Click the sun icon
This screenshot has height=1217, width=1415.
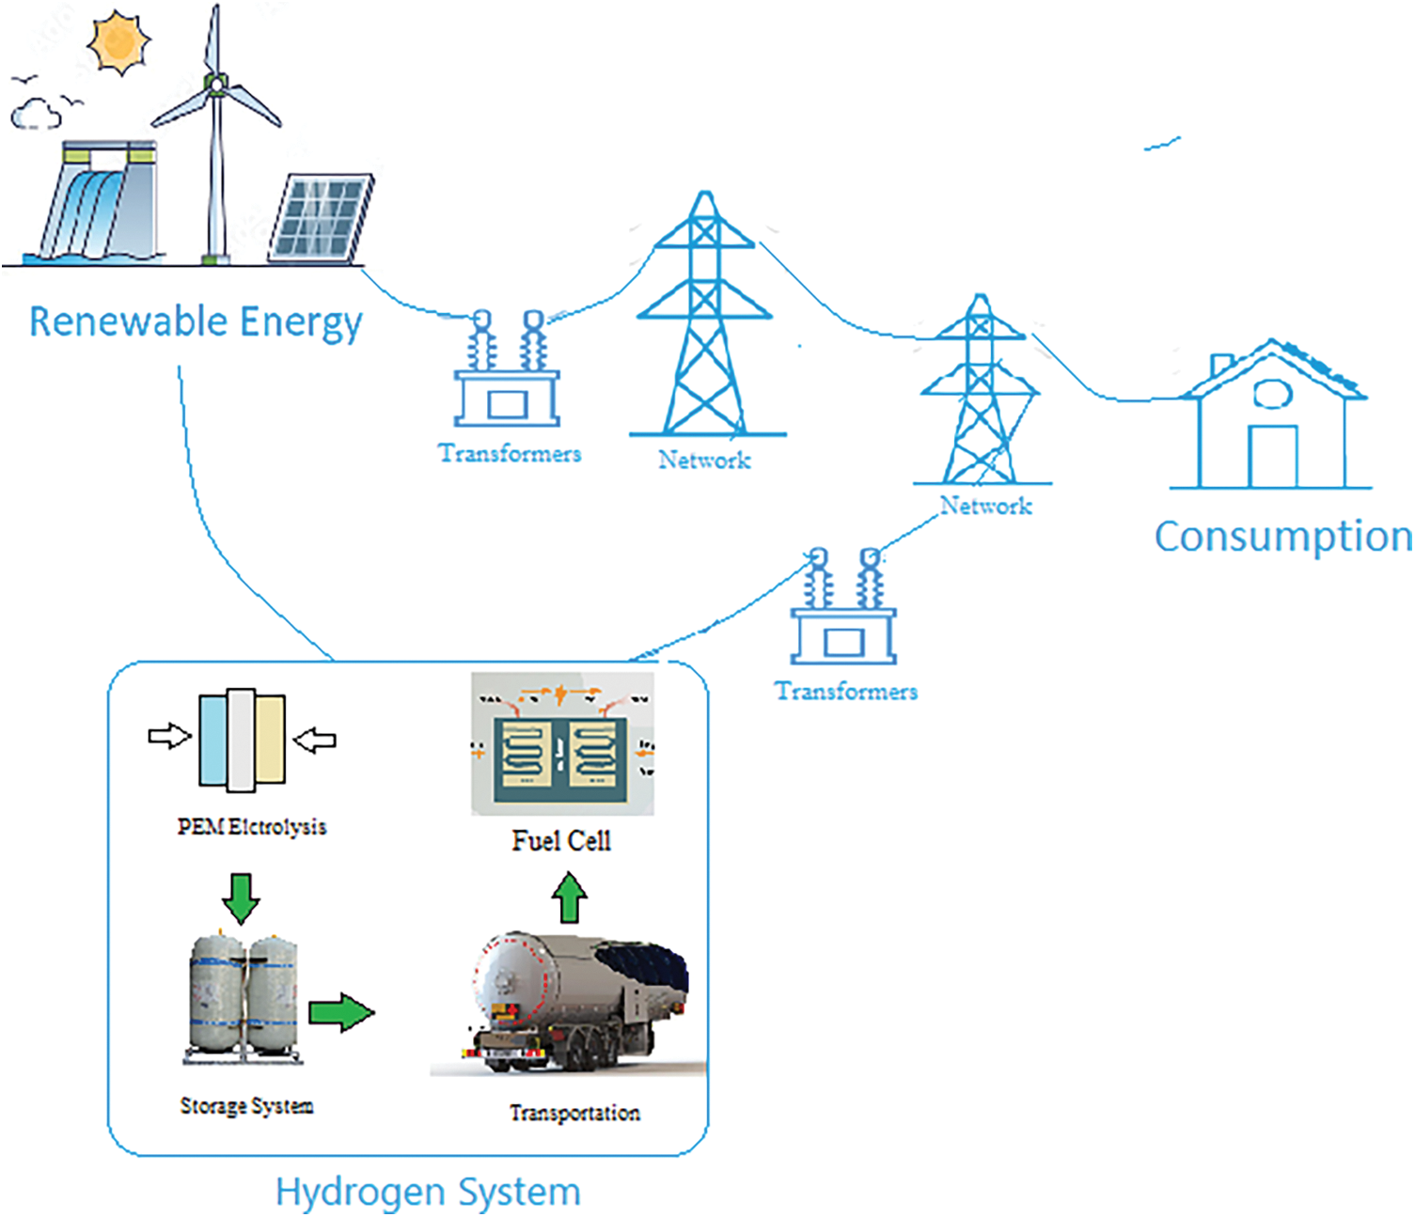tap(118, 41)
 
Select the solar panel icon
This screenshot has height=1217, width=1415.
tap(320, 218)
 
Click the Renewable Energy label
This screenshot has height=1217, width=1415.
tap(196, 322)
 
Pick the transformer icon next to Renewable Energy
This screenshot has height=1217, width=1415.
tap(507, 371)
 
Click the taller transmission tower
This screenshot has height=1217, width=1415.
tap(705, 320)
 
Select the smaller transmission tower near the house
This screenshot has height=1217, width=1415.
tap(981, 395)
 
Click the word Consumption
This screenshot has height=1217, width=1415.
tap(1282, 537)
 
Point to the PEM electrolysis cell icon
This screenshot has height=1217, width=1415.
tap(242, 741)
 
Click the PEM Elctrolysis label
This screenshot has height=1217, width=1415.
tap(252, 827)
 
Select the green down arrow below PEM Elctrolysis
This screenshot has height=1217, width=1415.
tap(242, 898)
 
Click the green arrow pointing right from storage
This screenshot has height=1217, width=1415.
tap(341, 1012)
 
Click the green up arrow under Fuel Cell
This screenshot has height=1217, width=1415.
tap(569, 897)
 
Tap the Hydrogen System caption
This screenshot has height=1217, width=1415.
tap(428, 1192)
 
